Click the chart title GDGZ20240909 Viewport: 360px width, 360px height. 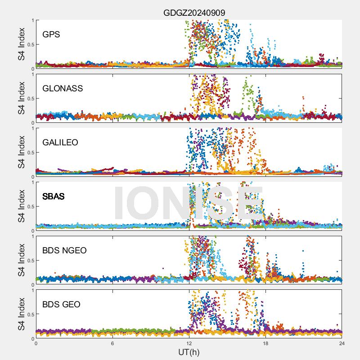194,12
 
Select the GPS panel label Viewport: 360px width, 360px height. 51,34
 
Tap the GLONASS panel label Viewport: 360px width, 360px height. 63,88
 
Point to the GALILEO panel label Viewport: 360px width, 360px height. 60,142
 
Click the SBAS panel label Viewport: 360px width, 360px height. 53,196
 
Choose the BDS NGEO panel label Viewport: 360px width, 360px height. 64,250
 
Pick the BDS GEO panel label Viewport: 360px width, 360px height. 61,305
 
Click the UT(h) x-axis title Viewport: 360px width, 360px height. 189,351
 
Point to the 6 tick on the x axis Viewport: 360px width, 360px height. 112,343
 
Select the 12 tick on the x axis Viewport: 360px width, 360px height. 189,343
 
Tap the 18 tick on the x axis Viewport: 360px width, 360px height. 265,343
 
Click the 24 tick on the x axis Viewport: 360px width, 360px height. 342,343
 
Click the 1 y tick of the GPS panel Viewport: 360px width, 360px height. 32,20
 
